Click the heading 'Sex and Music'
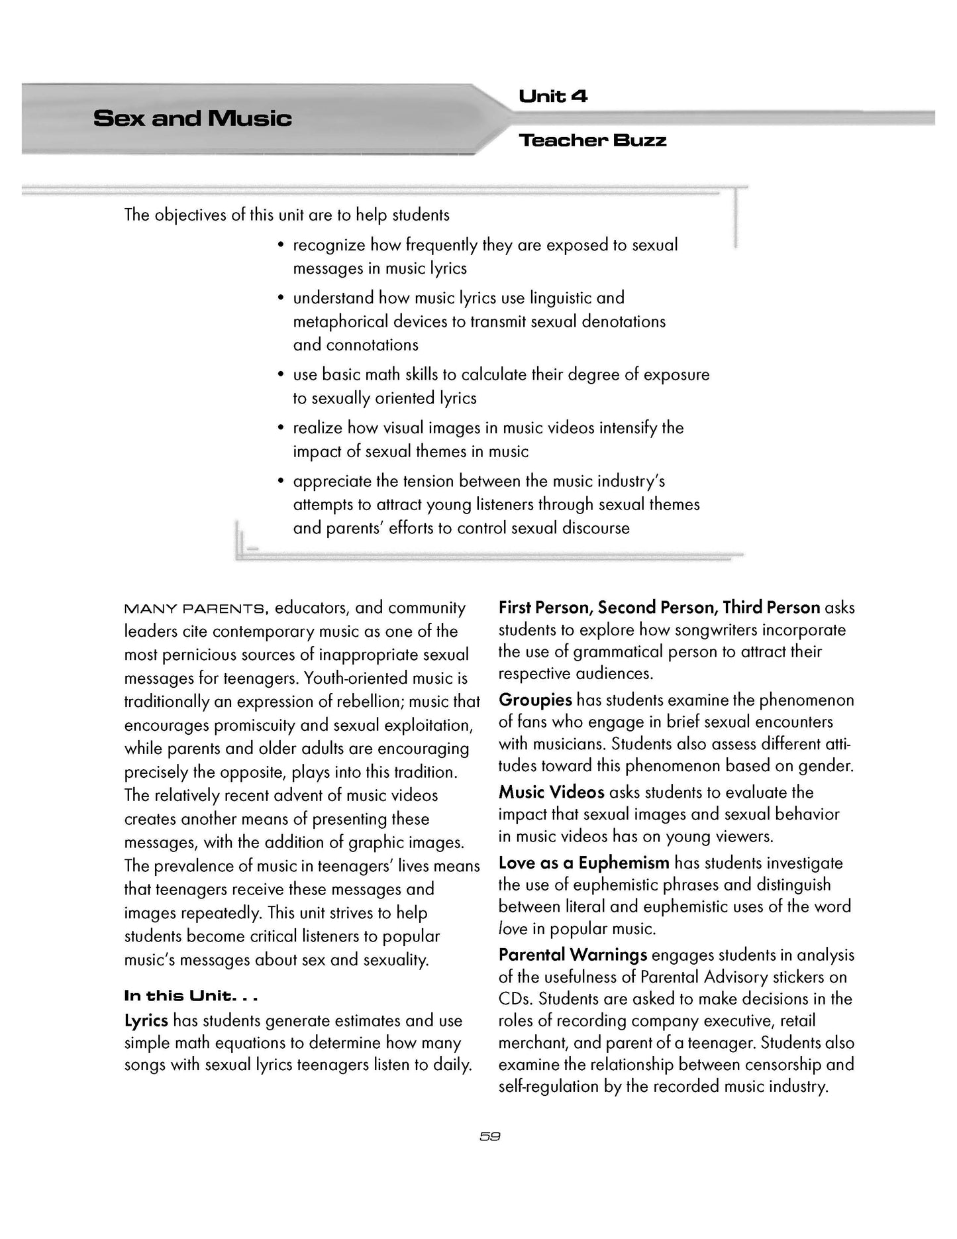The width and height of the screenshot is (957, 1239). click(193, 119)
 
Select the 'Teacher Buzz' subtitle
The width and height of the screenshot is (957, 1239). click(592, 140)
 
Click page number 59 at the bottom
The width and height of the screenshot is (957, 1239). click(489, 1136)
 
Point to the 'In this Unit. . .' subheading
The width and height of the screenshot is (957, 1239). click(191, 996)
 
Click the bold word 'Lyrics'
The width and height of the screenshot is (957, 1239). click(146, 1020)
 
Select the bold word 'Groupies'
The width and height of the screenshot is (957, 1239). click(535, 700)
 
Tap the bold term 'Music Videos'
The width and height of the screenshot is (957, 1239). click(551, 792)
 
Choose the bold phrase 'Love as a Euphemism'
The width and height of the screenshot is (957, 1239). click(583, 863)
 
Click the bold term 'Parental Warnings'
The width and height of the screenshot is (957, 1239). click(572, 955)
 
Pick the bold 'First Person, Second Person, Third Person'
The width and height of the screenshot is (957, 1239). click(659, 608)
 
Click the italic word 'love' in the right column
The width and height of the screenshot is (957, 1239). click(513, 929)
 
